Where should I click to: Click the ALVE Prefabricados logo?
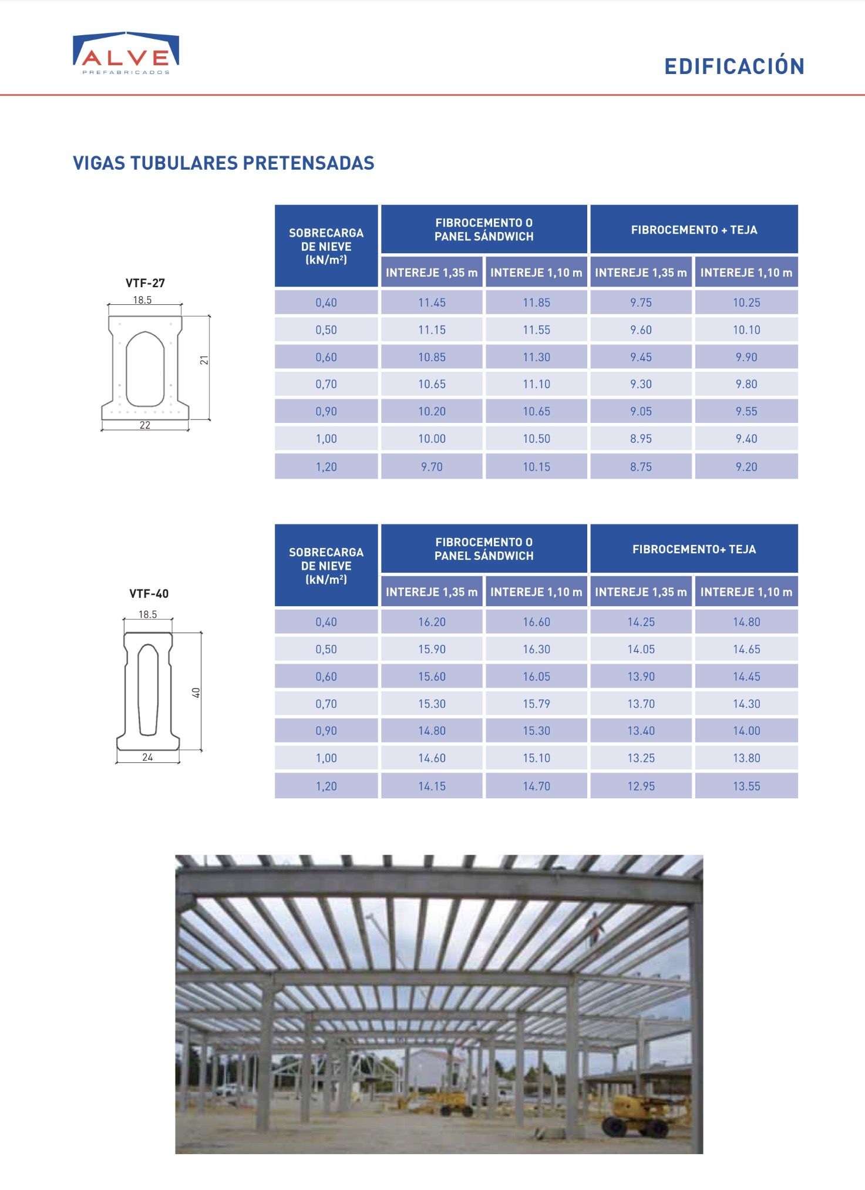click(126, 53)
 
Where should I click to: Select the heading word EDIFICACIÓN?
click(734, 66)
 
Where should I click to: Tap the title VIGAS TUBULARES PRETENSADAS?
click(223, 163)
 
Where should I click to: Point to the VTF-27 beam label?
click(145, 283)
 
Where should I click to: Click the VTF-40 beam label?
click(149, 594)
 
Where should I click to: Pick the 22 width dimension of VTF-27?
click(145, 425)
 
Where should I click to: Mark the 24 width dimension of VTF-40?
click(147, 757)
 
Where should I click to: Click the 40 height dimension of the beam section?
click(197, 693)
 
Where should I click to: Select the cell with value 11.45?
click(432, 302)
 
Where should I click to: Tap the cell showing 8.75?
click(641, 467)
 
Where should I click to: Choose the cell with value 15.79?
click(536, 704)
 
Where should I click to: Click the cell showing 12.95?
click(641, 786)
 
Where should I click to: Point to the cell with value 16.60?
click(536, 622)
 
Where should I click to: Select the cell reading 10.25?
click(746, 302)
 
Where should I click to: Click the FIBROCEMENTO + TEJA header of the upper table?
click(694, 230)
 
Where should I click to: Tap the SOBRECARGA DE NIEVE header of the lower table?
click(326, 566)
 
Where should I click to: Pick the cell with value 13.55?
click(746, 786)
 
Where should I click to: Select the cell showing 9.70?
click(432, 467)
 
